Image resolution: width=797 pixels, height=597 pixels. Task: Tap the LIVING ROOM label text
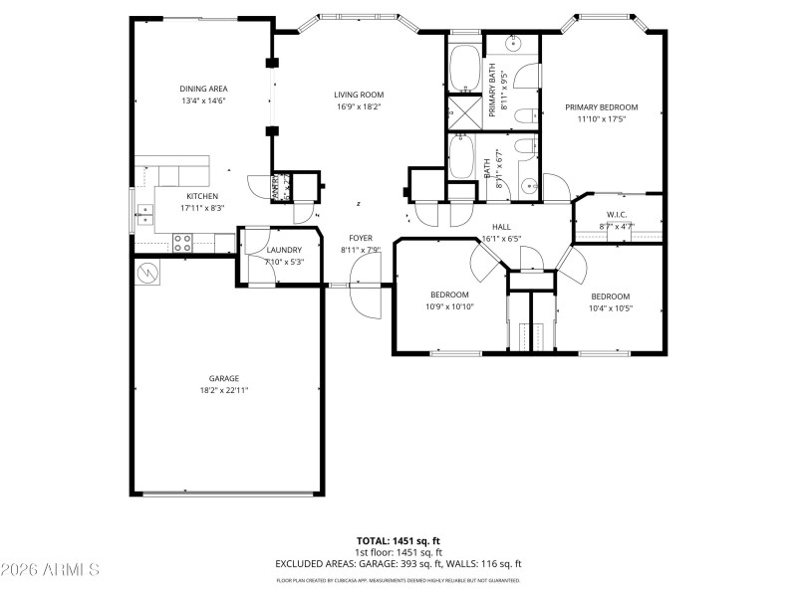click(x=359, y=95)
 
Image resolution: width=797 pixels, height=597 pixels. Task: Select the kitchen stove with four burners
click(x=183, y=240)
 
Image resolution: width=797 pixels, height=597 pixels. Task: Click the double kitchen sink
click(x=144, y=211)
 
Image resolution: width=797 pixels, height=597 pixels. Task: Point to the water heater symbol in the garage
click(x=147, y=271)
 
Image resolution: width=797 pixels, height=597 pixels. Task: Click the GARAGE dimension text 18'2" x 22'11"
click(x=224, y=390)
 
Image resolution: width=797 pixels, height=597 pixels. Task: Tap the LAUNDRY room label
click(x=284, y=250)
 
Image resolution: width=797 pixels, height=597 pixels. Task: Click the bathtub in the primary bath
click(x=464, y=68)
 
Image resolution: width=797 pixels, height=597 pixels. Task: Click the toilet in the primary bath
click(x=524, y=116)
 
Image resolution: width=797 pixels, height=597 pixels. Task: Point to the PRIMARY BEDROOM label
click(x=601, y=107)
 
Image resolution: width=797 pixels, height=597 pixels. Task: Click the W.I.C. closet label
click(x=616, y=215)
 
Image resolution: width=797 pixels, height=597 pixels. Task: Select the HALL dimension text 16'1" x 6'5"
click(x=501, y=239)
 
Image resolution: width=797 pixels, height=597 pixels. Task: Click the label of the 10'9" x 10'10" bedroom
click(x=450, y=295)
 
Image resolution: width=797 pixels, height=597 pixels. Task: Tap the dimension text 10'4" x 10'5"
click(x=610, y=307)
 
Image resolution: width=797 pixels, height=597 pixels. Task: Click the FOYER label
click(x=360, y=238)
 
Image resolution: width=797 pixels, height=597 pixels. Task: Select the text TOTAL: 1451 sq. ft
click(x=398, y=540)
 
